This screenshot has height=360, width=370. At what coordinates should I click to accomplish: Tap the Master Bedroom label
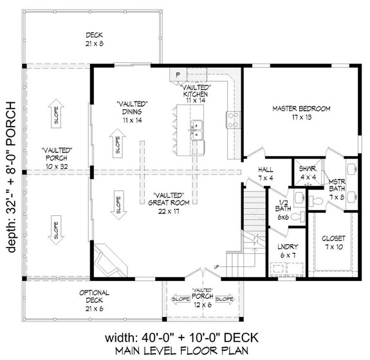301,113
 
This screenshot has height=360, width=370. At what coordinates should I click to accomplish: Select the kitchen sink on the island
197,130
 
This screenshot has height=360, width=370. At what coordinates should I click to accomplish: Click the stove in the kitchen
232,118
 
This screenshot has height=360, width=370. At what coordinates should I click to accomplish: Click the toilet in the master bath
315,203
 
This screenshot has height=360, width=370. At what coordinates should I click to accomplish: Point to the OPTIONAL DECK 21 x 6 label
95,297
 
